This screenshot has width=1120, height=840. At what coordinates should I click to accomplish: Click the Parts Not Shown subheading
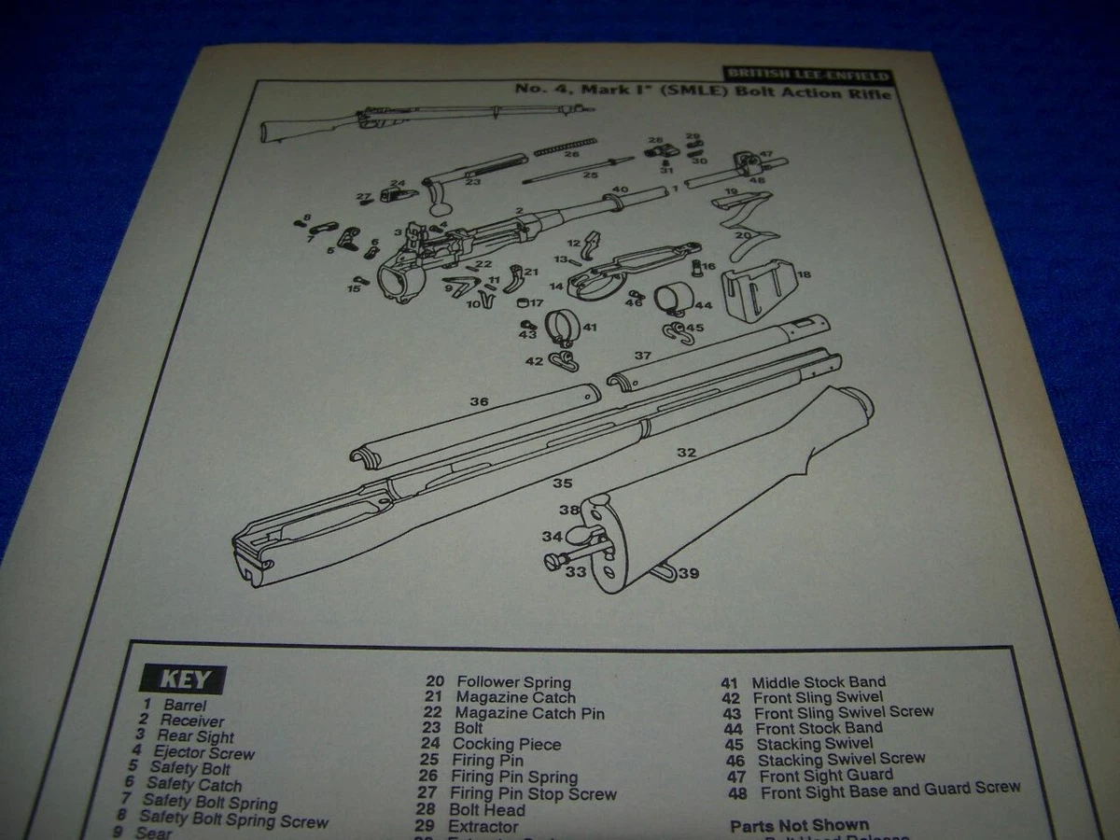[799, 825]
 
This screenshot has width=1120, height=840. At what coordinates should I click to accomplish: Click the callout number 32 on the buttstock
[686, 453]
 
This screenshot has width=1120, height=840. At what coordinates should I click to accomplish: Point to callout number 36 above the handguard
[479, 401]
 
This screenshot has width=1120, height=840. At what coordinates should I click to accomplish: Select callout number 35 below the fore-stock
[561, 483]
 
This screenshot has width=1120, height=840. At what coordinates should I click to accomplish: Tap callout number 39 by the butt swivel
[689, 572]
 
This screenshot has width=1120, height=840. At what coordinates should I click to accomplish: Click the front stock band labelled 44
[672, 301]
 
